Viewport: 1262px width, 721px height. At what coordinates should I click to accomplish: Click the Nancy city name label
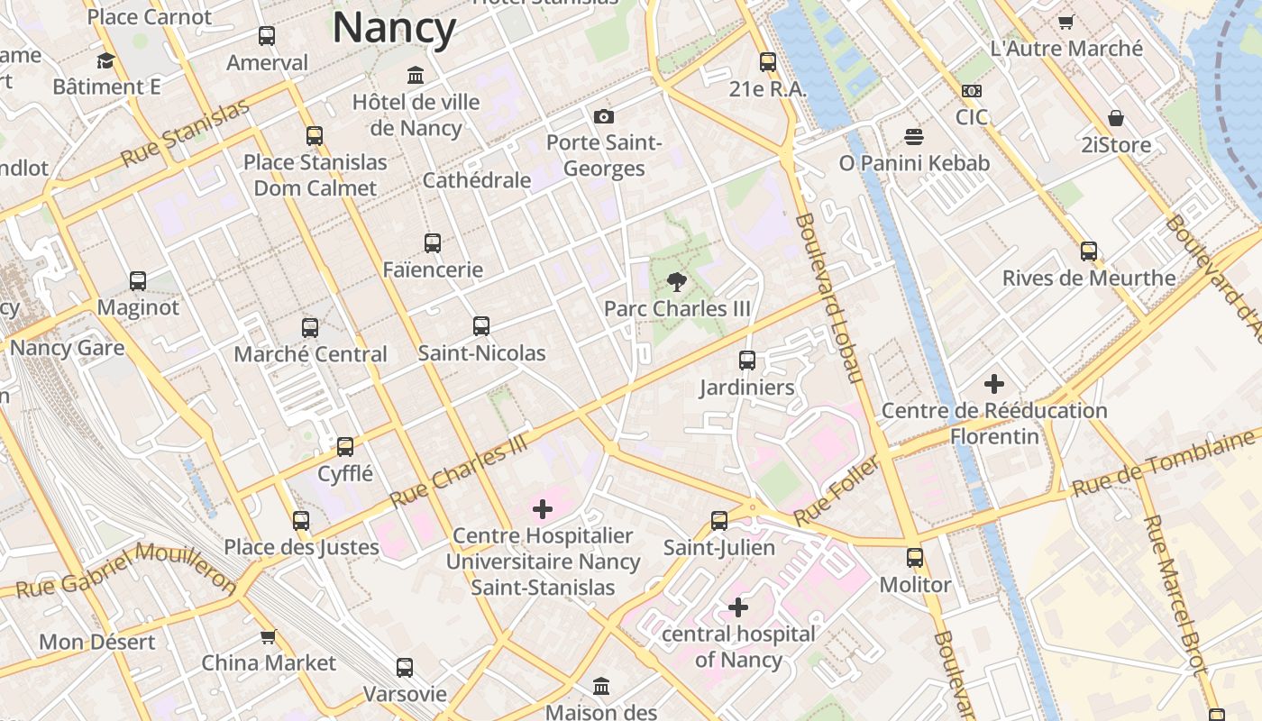(x=395, y=28)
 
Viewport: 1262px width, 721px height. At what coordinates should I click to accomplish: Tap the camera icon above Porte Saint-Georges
(x=604, y=116)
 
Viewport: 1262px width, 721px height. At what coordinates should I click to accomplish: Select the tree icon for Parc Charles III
(x=676, y=281)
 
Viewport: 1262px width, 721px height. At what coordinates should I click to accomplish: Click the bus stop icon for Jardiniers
(x=747, y=360)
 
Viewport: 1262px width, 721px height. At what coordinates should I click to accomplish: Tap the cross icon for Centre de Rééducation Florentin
(x=993, y=384)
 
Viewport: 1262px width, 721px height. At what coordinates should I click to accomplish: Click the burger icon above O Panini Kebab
(x=914, y=137)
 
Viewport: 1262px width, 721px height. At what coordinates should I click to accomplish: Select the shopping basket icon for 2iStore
(x=1116, y=118)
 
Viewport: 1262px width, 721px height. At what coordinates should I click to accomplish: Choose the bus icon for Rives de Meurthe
(x=1089, y=251)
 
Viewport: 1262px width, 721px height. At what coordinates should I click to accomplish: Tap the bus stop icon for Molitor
(x=915, y=558)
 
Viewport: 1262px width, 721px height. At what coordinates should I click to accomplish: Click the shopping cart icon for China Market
(x=268, y=636)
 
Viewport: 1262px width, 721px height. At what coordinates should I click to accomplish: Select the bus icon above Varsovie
(x=405, y=668)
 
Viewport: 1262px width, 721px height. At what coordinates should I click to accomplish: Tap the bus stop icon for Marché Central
(x=310, y=327)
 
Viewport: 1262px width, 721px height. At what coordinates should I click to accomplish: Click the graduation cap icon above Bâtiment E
(x=106, y=60)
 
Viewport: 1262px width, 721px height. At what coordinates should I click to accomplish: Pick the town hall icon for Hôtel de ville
(x=416, y=75)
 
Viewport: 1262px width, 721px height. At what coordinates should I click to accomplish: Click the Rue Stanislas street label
(x=185, y=133)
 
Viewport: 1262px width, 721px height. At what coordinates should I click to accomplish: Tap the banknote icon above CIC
(x=972, y=91)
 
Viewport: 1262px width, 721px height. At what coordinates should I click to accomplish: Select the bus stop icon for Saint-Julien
(x=718, y=521)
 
